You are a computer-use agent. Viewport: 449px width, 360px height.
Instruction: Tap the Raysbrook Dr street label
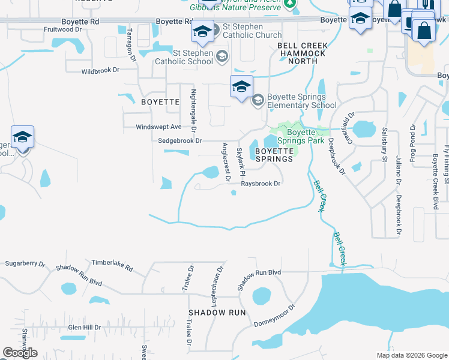pos(261,184)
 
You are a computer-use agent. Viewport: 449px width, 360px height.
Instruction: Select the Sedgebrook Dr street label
pos(179,140)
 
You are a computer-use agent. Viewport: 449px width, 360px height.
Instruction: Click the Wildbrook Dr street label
pos(100,71)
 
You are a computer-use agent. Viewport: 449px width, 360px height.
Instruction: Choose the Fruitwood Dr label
pos(62,29)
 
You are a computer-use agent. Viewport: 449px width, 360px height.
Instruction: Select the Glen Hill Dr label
pos(85,328)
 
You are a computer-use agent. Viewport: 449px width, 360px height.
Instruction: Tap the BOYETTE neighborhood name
pos(160,102)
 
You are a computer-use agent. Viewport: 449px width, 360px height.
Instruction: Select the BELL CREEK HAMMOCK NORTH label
pos(301,53)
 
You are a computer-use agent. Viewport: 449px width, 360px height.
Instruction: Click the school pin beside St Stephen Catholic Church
pos(202,31)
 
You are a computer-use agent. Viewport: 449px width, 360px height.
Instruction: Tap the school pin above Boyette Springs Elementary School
pos(241,86)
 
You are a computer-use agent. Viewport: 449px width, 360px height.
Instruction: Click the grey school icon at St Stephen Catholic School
pos(222,56)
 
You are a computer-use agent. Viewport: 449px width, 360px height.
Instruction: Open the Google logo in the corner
pos(20,353)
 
